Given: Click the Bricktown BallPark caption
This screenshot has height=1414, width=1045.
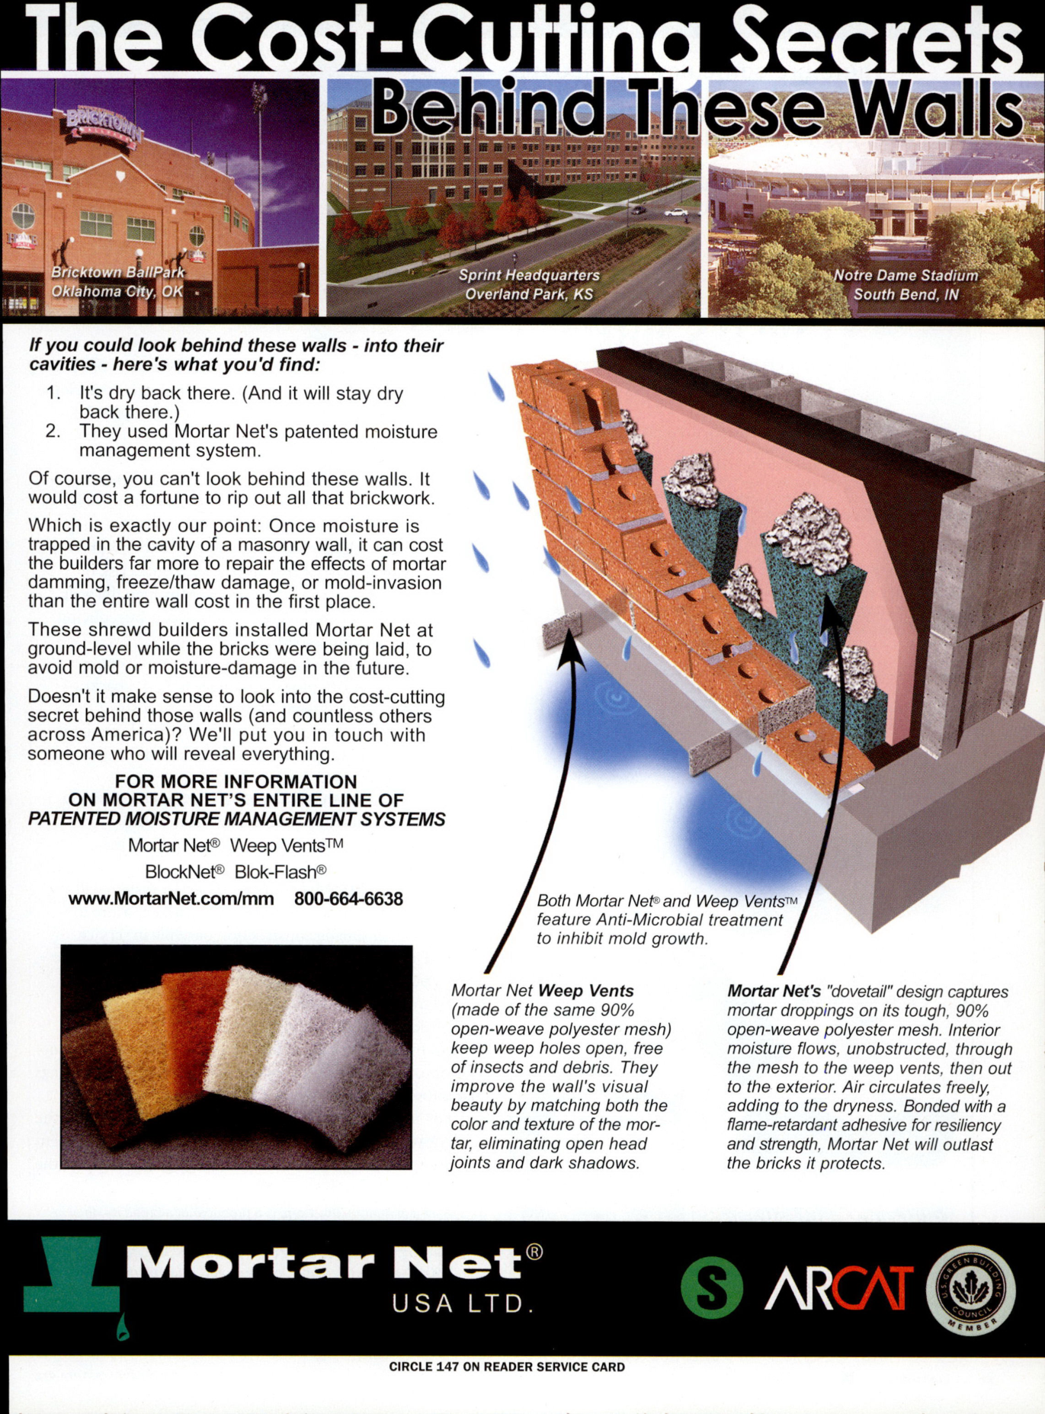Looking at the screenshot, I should pyautogui.click(x=118, y=281).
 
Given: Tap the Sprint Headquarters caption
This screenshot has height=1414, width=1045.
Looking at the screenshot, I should pyautogui.click(x=529, y=284).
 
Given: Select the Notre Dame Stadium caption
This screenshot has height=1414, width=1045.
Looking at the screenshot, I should pyautogui.click(x=906, y=284).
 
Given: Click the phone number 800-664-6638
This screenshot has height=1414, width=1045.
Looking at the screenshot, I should pyautogui.click(x=348, y=899).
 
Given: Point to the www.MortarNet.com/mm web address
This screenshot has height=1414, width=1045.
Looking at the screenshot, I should pyautogui.click(x=171, y=899).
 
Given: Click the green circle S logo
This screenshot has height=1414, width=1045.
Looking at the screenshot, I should pyautogui.click(x=711, y=1287).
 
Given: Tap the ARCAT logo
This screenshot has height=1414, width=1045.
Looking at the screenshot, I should pyautogui.click(x=839, y=1288).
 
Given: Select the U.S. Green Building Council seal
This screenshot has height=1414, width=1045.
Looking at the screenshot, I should pyautogui.click(x=970, y=1289).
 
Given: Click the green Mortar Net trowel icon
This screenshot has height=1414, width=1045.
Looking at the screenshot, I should pyautogui.click(x=72, y=1280).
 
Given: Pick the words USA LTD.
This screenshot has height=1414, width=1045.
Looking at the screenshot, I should pyautogui.click(x=462, y=1303).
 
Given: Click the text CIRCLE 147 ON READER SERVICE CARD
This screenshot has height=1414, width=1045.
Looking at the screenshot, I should pyautogui.click(x=507, y=1367).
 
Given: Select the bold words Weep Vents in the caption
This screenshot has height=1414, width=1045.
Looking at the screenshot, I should pyautogui.click(x=585, y=991).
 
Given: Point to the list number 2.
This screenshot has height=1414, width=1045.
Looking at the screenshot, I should pyautogui.click(x=53, y=431).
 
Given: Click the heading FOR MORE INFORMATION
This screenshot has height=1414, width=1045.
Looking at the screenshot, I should pyautogui.click(x=236, y=781).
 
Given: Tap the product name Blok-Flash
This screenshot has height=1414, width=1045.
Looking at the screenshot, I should pyautogui.click(x=280, y=871).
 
